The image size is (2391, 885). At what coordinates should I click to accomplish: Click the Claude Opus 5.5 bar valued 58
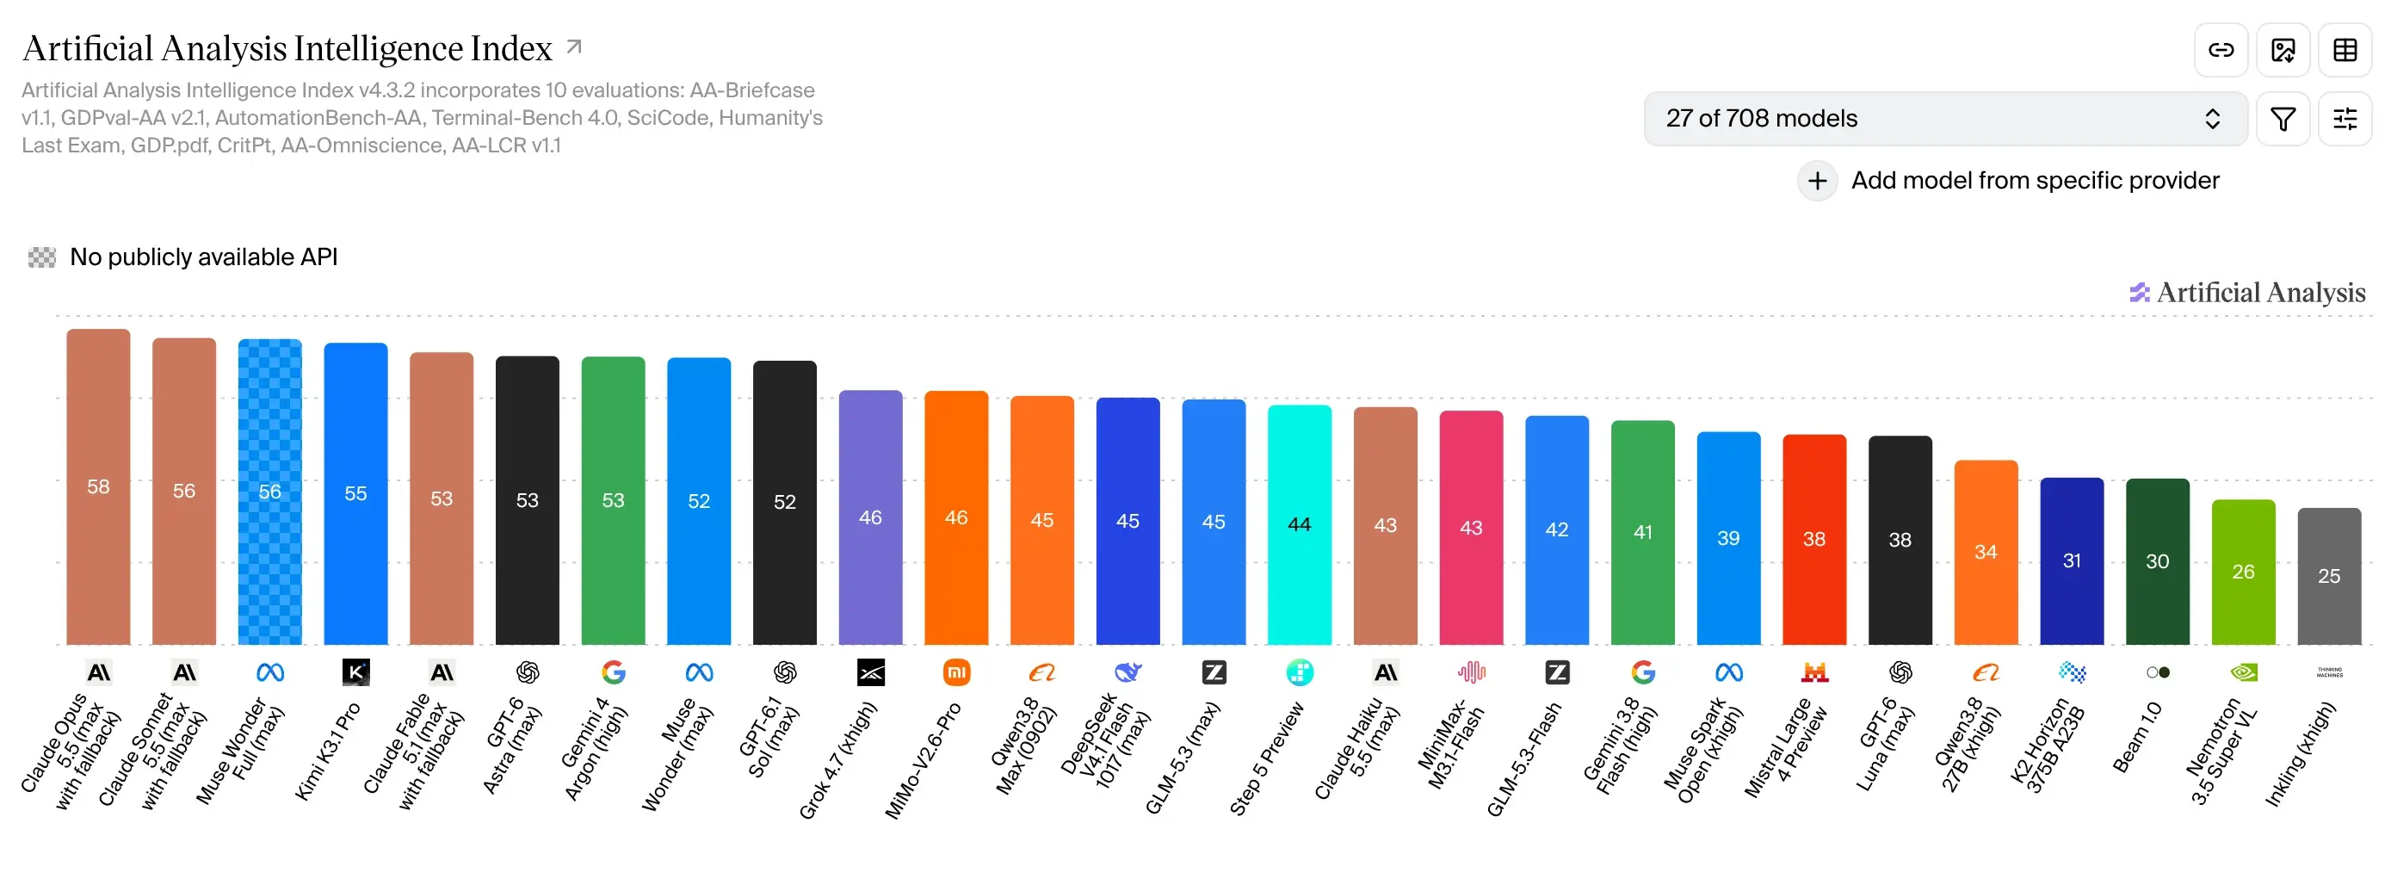coord(98,486)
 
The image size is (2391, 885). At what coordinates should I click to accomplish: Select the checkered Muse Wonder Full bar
coord(270,492)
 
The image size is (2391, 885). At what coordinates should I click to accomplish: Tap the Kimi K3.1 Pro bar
coord(355,493)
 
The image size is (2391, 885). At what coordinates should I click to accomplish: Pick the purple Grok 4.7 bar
coord(871,517)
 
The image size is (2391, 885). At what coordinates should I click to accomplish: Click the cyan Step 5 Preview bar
coord(1300,524)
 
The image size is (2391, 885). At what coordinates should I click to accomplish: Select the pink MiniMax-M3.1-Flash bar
coord(1471,528)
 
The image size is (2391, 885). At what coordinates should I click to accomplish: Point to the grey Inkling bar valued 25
coord(2329,576)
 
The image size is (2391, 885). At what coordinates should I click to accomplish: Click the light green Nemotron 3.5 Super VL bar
coord(2244,572)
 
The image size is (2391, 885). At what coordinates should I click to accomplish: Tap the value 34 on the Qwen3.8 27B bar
coord(1986,552)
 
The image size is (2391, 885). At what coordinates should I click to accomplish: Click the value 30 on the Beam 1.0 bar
coord(2157,561)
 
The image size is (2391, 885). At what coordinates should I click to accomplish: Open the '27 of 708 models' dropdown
coord(1945,119)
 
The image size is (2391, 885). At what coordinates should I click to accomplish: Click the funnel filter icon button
coord(2283,119)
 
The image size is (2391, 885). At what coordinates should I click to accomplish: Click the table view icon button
coord(2345,50)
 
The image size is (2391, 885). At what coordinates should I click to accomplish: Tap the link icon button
coord(2221,50)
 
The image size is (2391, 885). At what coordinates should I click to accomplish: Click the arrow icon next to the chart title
coord(575,46)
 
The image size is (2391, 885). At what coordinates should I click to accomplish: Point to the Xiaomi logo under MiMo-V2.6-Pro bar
coord(956,672)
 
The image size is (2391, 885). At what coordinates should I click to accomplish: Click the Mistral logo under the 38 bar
coord(1814,672)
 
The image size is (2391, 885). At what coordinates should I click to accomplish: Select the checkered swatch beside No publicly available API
coord(42,257)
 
